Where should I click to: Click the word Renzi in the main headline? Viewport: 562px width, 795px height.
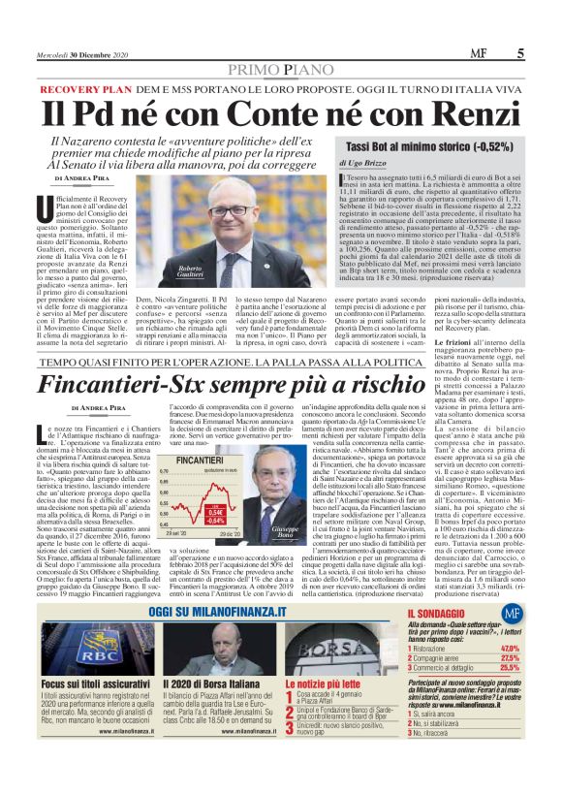(472, 108)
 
